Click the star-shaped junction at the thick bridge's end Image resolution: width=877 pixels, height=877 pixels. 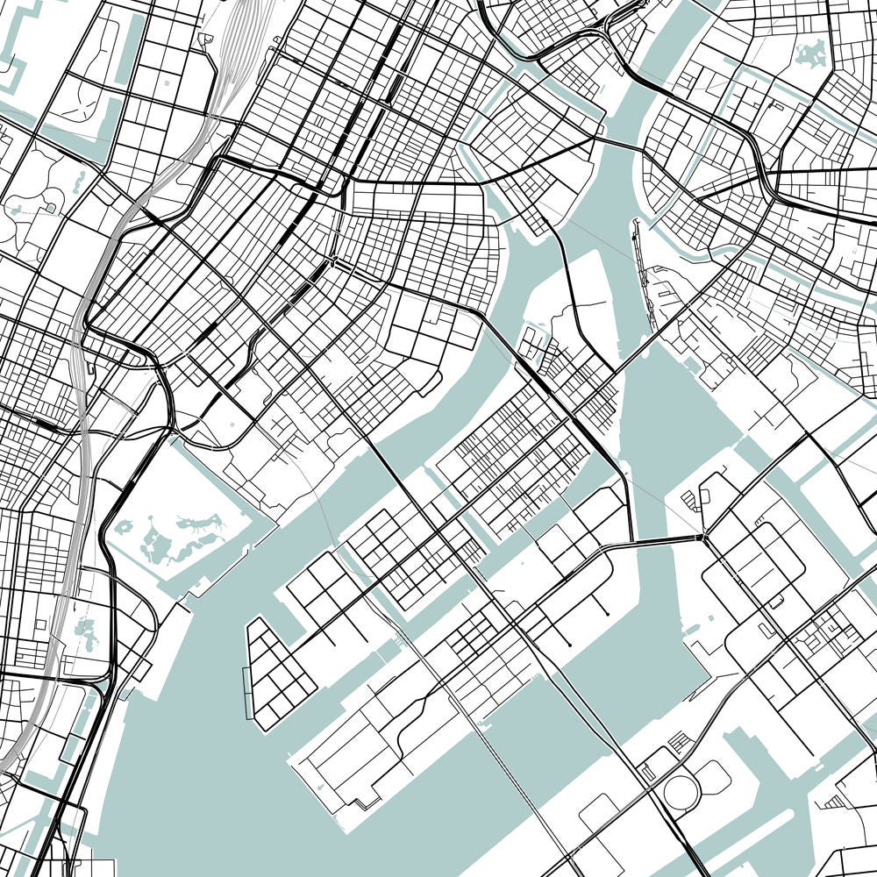tap(703, 537)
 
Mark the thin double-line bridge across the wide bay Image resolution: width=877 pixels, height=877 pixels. tap(517, 789)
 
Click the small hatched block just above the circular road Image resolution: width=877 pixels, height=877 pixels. tap(681, 744)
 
